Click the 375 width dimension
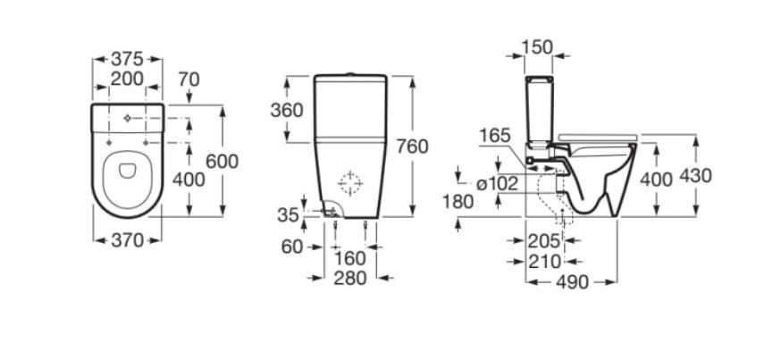(127, 59)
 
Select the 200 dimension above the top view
(127, 79)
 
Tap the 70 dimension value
(189, 79)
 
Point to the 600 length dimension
(222, 162)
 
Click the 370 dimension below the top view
(127, 240)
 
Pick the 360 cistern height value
(287, 111)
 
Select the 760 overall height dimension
(412, 147)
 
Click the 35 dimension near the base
(288, 214)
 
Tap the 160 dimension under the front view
(350, 257)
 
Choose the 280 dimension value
(350, 278)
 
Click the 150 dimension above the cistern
(537, 47)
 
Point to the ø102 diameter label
(497, 184)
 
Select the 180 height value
(458, 202)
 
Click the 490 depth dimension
(573, 282)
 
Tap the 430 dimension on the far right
(696, 175)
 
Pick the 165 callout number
(494, 136)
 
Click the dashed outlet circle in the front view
(350, 174)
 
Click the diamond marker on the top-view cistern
(127, 119)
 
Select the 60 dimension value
(292, 247)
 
